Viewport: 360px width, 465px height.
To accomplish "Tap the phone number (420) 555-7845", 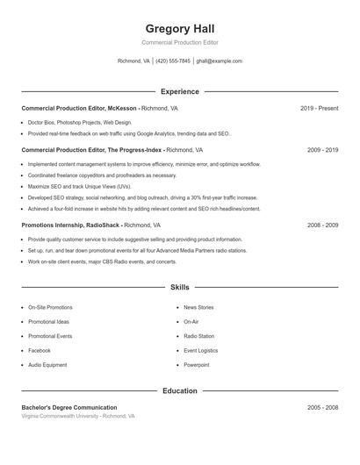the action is [173, 61].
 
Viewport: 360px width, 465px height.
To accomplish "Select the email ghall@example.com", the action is [219, 61].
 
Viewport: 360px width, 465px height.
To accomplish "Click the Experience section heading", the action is [180, 91].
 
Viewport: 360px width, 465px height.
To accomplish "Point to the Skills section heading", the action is [180, 287].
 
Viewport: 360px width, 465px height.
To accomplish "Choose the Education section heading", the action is [180, 390].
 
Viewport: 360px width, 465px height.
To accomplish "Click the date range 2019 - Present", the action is [319, 109].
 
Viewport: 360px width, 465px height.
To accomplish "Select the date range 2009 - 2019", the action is [322, 150].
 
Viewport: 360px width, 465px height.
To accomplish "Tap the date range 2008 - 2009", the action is [322, 225].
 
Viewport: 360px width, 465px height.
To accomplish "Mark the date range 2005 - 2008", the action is [322, 408].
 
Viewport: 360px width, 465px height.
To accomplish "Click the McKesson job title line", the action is [99, 109].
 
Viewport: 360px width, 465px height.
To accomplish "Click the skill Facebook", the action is [40, 350].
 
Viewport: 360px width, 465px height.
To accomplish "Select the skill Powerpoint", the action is [197, 364].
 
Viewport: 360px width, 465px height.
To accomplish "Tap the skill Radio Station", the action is [198, 336].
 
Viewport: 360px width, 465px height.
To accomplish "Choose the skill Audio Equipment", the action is [47, 364].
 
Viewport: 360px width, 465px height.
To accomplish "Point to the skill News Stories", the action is [198, 308].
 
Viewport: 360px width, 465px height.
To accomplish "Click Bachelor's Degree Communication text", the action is [69, 408].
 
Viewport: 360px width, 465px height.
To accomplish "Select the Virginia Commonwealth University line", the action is [78, 417].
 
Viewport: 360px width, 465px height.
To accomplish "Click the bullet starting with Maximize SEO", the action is [79, 187].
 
